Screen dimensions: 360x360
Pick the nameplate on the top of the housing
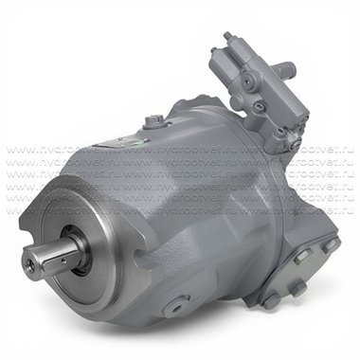(118, 138)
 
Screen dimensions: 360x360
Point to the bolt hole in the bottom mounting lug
(175, 308)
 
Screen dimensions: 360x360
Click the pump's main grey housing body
(189, 208)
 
